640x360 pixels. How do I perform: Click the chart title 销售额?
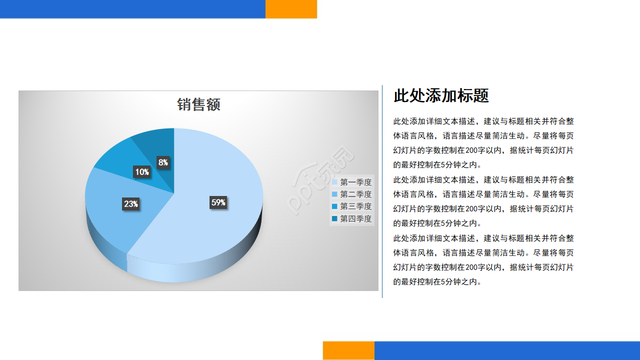pyautogui.click(x=198, y=104)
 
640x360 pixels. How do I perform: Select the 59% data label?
pyautogui.click(x=218, y=202)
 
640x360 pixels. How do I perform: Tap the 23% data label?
pyautogui.click(x=131, y=204)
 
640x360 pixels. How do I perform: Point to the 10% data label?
pyautogui.click(x=142, y=172)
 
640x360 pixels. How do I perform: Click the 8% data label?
pyautogui.click(x=163, y=162)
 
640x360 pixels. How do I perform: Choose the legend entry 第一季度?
pyautogui.click(x=351, y=182)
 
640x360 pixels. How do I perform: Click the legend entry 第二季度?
pyautogui.click(x=351, y=194)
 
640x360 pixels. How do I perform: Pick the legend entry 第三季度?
pyautogui.click(x=351, y=206)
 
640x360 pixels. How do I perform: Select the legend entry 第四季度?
pyautogui.click(x=351, y=218)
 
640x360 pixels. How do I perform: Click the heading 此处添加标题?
pyautogui.click(x=441, y=95)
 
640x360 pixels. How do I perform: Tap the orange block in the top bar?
pyautogui.click(x=291, y=9)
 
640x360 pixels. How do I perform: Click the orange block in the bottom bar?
pyautogui.click(x=349, y=350)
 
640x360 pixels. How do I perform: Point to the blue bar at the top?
pyautogui.click(x=132, y=9)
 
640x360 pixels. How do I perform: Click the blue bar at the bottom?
pyautogui.click(x=507, y=350)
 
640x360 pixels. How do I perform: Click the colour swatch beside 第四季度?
pyautogui.click(x=334, y=218)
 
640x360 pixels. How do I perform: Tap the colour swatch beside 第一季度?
pyautogui.click(x=334, y=182)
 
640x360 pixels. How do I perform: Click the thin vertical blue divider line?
pyautogui.click(x=382, y=191)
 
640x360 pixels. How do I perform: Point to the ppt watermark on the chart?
pyautogui.click(x=320, y=180)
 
